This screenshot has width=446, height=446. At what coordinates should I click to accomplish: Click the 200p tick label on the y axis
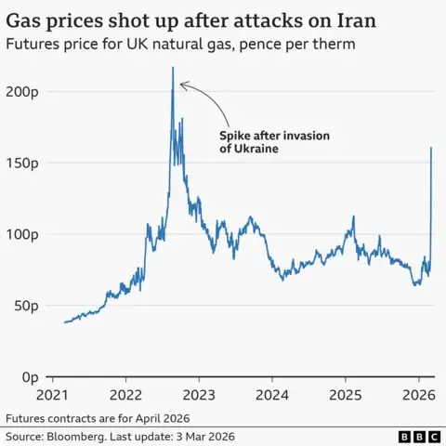(x=20, y=91)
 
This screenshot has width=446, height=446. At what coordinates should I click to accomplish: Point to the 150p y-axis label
(x=20, y=163)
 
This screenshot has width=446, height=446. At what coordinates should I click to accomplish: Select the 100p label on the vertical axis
(x=20, y=234)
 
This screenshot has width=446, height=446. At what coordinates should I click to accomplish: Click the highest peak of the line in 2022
(x=173, y=68)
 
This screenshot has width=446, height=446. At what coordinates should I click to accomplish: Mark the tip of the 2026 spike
(x=431, y=148)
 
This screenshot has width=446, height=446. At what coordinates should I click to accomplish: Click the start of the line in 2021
(x=64, y=322)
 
